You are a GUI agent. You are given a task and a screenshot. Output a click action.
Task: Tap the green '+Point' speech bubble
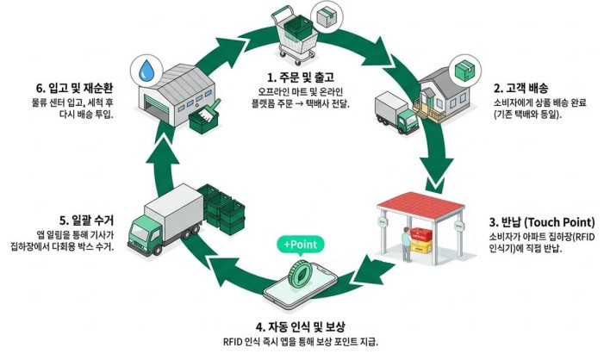(x=299, y=245)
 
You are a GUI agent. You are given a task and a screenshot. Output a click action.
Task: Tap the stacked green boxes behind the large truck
(x=220, y=207)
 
